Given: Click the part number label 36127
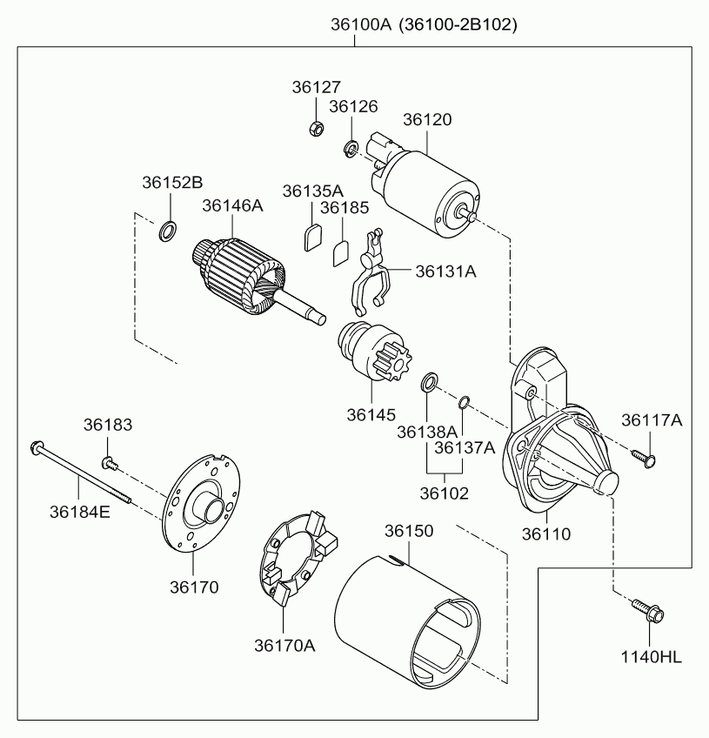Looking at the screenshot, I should [x=317, y=87].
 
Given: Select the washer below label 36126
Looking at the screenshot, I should [x=351, y=149].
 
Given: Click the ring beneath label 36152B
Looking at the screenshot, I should [x=169, y=231].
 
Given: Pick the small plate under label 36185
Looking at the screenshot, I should [x=341, y=252].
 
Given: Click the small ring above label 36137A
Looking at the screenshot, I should [x=465, y=401].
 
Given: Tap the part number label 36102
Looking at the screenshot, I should [x=445, y=493].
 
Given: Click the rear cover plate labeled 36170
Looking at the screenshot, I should [x=202, y=508].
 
